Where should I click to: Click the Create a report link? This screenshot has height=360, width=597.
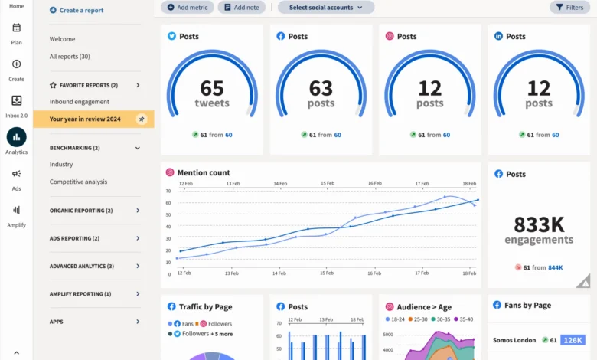(77, 10)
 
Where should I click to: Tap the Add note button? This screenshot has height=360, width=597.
(242, 7)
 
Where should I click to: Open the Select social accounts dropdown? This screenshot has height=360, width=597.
(325, 7)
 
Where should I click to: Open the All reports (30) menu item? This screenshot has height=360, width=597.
(70, 57)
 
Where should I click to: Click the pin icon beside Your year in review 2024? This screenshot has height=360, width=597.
(141, 119)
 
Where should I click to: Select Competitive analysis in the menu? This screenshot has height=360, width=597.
(79, 182)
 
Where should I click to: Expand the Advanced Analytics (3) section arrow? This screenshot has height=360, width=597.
(138, 266)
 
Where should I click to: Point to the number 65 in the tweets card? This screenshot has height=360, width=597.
(212, 88)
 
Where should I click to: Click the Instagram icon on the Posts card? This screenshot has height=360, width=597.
(390, 36)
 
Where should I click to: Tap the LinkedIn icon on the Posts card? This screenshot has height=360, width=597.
(498, 36)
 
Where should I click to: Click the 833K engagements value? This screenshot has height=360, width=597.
(539, 224)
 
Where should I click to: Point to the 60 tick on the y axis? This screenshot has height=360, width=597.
(169, 202)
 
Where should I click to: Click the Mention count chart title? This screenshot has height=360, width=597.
(204, 172)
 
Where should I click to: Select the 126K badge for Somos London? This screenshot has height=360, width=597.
(573, 339)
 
